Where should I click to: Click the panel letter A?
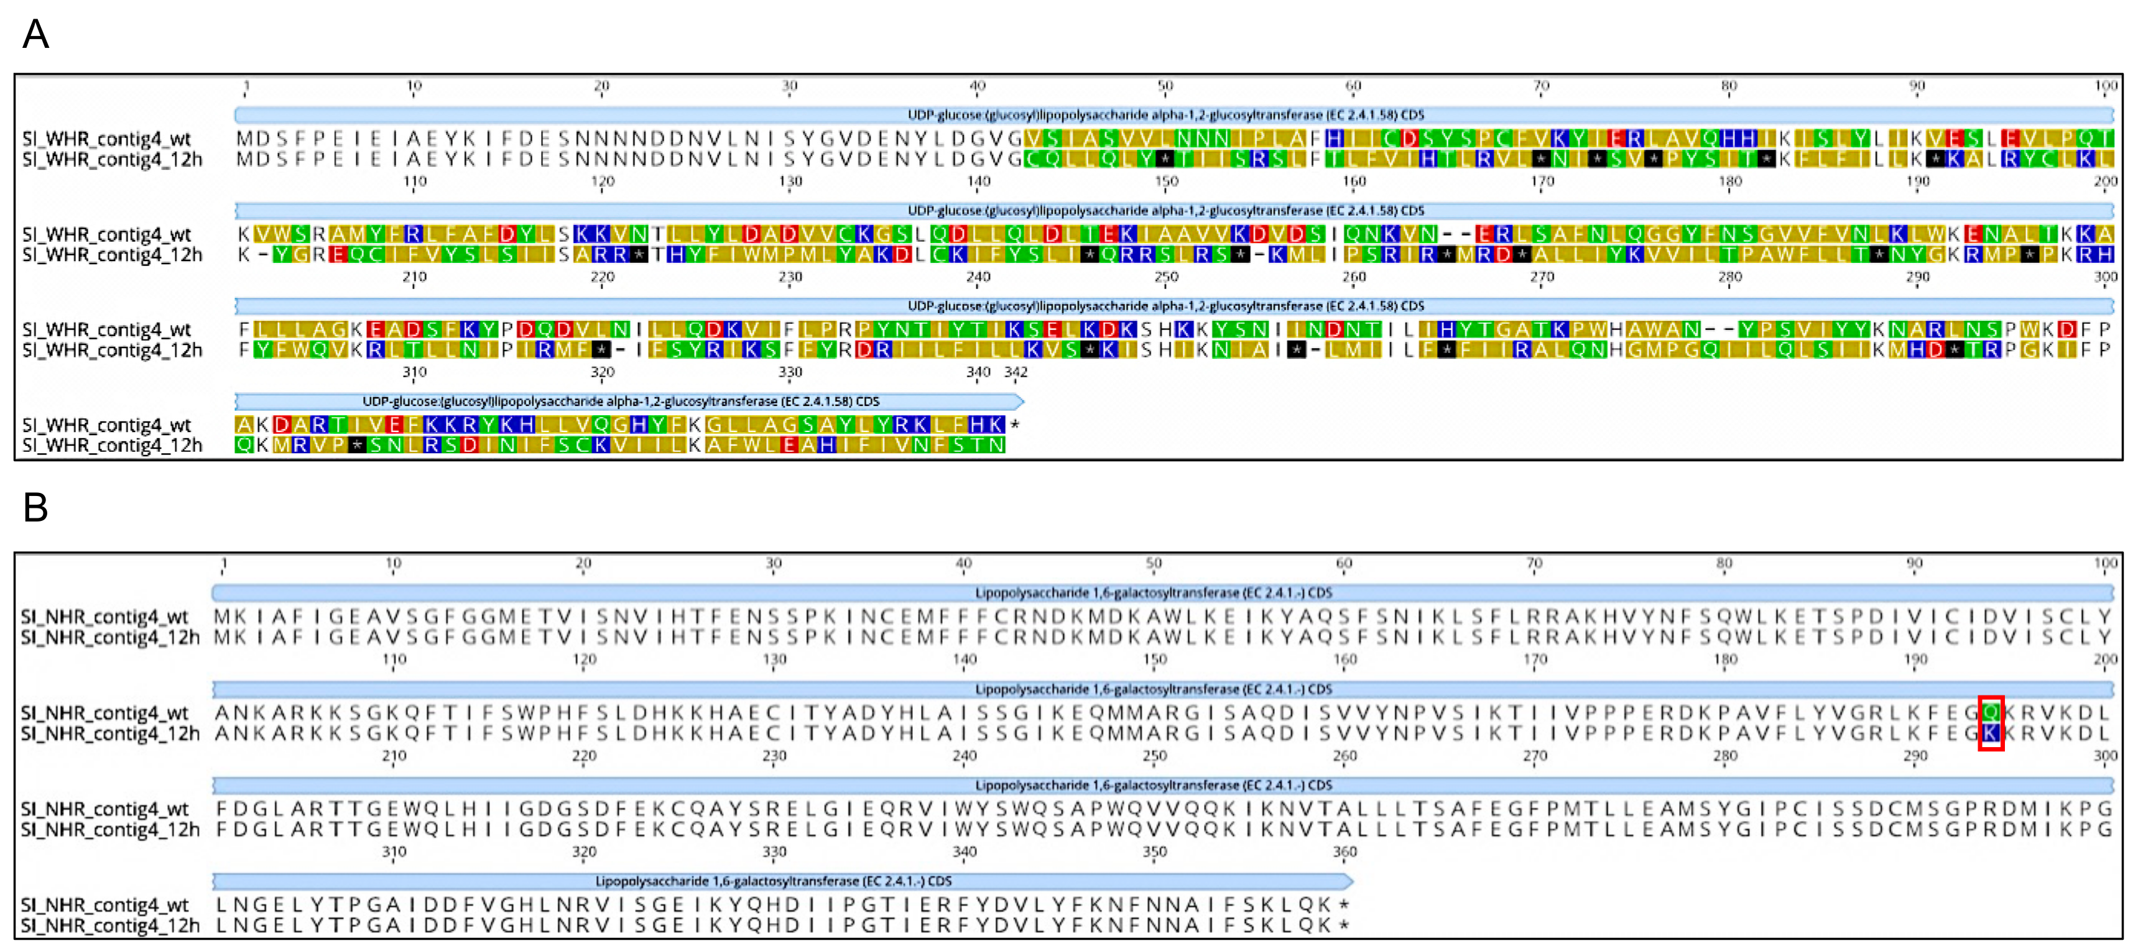pyautogui.click(x=35, y=34)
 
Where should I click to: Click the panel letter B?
pyautogui.click(x=35, y=507)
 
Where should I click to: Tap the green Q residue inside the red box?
pyautogui.click(x=1990, y=712)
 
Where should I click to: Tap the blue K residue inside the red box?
pyautogui.click(x=1990, y=733)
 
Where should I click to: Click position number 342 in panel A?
pyautogui.click(x=1016, y=372)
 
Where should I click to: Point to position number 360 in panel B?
pyautogui.click(x=1344, y=852)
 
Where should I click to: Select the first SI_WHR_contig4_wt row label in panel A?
pyautogui.click(x=106, y=139)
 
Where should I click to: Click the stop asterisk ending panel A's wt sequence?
pyautogui.click(x=1015, y=425)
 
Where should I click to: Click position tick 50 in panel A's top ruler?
pyautogui.click(x=1165, y=86)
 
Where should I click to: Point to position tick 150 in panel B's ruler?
pyautogui.click(x=1154, y=659)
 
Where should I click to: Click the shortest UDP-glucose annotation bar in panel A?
pyautogui.click(x=629, y=402)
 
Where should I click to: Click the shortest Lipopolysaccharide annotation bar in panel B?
pyautogui.click(x=782, y=881)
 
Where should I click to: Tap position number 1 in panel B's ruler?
pyautogui.click(x=223, y=564)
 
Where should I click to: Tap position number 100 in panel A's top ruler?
pyautogui.click(x=2106, y=86)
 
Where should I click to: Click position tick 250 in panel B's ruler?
pyautogui.click(x=1154, y=756)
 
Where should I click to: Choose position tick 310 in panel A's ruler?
pyautogui.click(x=414, y=372)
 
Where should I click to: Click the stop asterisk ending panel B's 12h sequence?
pyautogui.click(x=1344, y=926)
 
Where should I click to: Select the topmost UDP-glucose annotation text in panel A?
pyautogui.click(x=1165, y=114)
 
